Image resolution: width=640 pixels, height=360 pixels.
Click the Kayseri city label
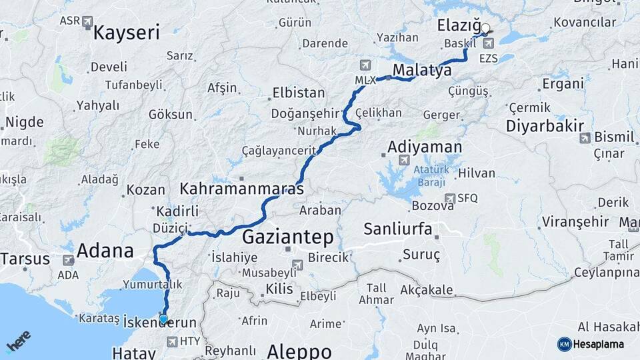[127, 32]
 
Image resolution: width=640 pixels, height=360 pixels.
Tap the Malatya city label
[422, 71]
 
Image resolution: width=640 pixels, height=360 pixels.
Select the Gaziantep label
[287, 236]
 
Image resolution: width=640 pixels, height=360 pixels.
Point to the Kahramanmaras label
[241, 189]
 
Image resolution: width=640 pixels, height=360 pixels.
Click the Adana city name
[105, 251]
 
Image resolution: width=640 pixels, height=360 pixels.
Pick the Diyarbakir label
[545, 126]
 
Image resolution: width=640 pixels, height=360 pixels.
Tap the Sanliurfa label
[398, 229]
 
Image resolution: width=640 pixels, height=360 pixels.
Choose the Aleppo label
[299, 351]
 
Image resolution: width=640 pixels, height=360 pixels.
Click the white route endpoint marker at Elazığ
[485, 29]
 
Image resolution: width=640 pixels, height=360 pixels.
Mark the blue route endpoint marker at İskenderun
[163, 319]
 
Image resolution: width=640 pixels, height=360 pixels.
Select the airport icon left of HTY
[173, 341]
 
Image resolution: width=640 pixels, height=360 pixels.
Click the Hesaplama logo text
[599, 344]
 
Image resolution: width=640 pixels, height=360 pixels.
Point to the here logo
[19, 341]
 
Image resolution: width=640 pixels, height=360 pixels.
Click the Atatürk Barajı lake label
[427, 175]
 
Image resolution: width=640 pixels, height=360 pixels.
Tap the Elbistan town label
[298, 93]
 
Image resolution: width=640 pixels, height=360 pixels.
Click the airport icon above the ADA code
[68, 261]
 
